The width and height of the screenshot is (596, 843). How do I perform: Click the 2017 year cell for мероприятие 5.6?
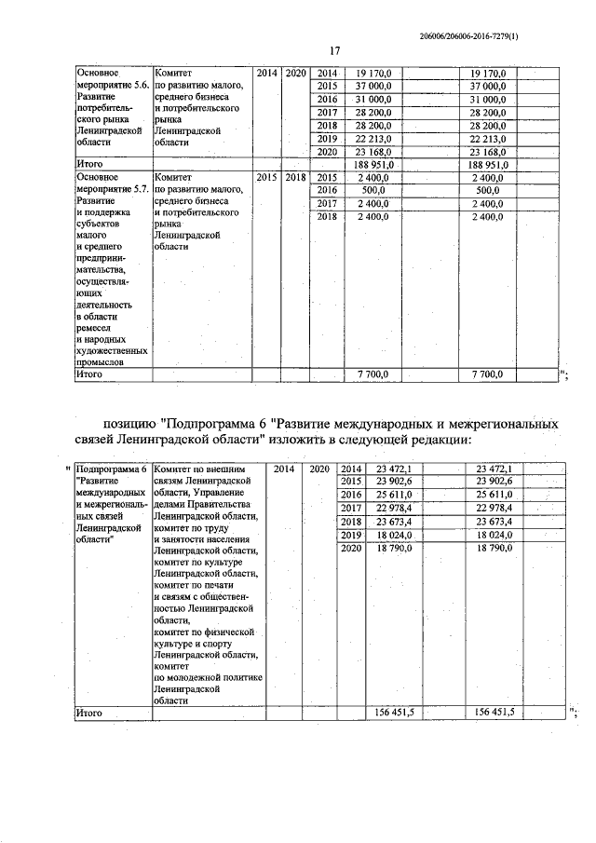[326, 112]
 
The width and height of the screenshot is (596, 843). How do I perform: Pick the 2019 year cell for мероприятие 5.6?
[326, 138]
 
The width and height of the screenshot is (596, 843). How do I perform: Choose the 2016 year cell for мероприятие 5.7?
[326, 189]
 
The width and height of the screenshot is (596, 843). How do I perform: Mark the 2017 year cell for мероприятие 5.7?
[326, 203]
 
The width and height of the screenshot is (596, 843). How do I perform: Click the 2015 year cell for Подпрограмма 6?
[350, 481]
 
